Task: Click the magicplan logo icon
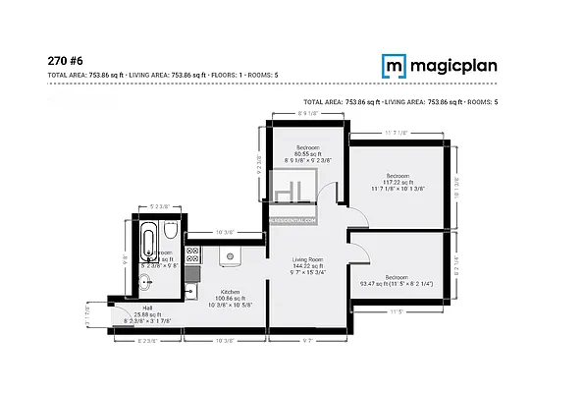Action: pos(394,66)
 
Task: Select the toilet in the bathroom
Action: pos(171,232)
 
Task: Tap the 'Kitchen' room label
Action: pos(231,292)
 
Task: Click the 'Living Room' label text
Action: pos(308,260)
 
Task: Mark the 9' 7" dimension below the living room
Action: pos(307,341)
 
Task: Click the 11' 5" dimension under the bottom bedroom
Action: pos(397,313)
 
